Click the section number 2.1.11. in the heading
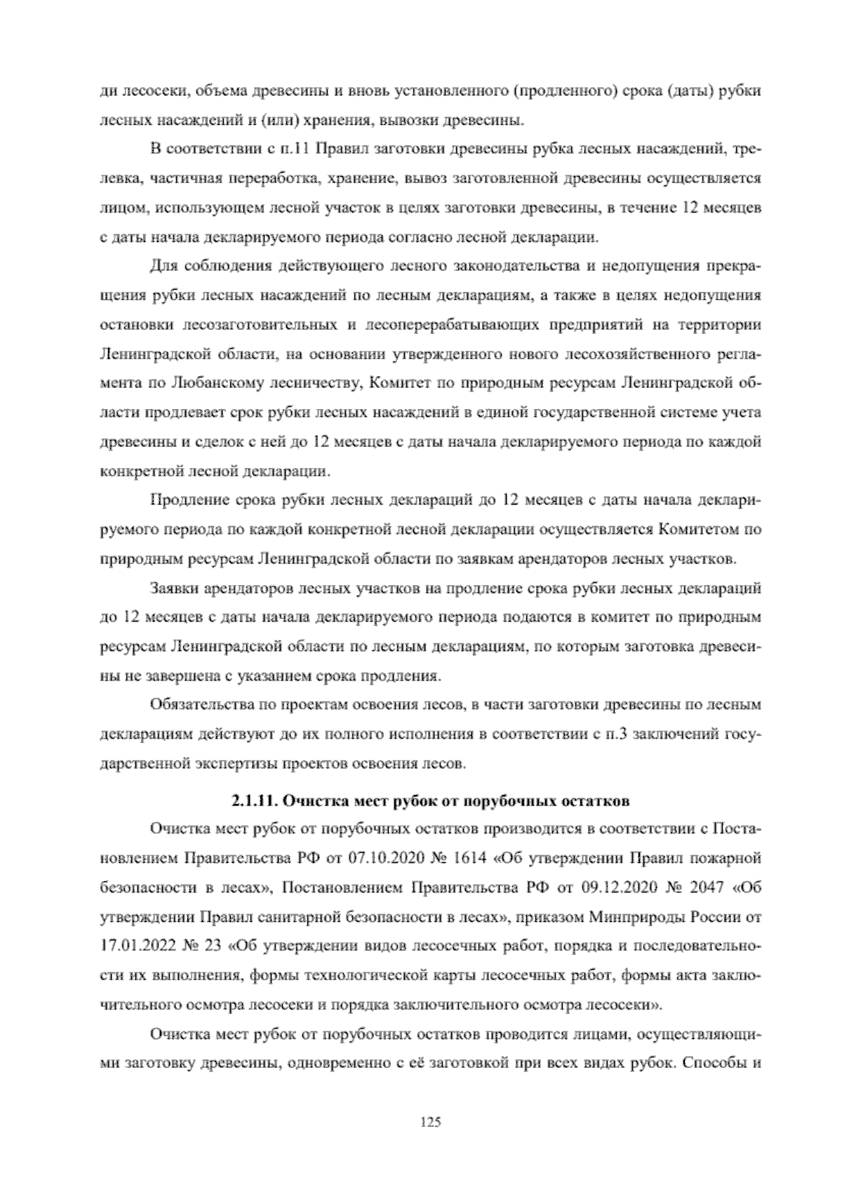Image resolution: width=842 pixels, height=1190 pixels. tap(249, 799)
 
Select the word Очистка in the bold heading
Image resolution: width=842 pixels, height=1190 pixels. tap(310, 799)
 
